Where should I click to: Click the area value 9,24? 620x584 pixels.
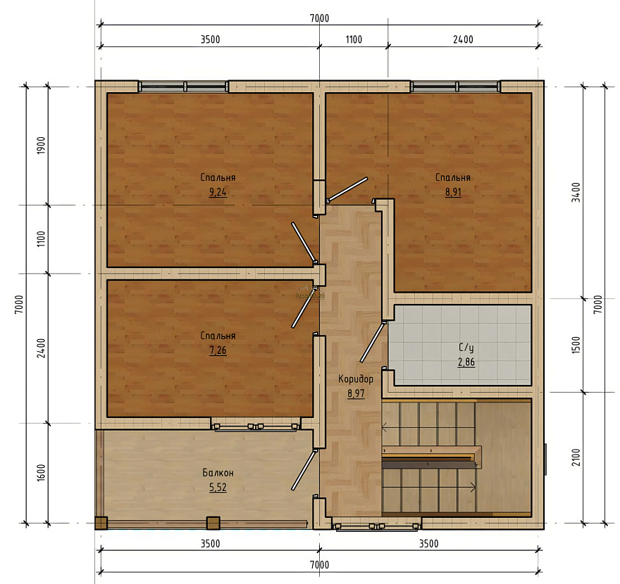[218, 192]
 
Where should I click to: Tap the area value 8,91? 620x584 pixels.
[453, 192]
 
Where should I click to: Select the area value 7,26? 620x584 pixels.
[218, 350]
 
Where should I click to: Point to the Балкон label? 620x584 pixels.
[218, 473]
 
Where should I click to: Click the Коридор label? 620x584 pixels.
[356, 379]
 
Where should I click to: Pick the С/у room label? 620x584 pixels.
[466, 348]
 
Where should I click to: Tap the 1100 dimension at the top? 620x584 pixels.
[354, 39]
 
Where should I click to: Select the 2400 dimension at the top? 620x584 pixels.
[463, 39]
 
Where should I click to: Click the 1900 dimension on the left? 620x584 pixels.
[42, 146]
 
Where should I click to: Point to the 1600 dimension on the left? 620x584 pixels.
[42, 472]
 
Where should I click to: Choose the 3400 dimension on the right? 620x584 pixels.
[577, 192]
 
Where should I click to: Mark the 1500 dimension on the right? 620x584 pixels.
[577, 345]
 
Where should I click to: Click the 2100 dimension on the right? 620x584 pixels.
[577, 457]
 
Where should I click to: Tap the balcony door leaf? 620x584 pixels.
[304, 470]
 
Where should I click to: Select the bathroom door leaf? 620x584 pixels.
[372, 342]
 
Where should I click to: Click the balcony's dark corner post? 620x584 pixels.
[101, 523]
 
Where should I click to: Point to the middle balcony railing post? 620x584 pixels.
[213, 523]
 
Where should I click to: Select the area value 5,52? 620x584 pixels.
[218, 488]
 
